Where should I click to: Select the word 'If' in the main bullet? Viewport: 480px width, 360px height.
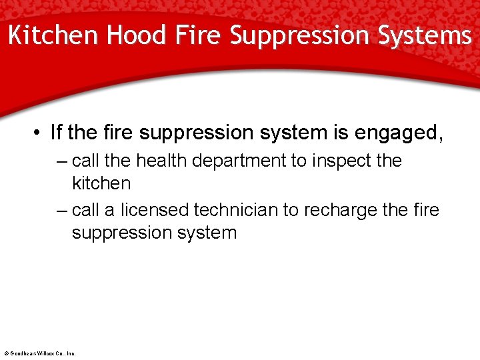pos(57,133)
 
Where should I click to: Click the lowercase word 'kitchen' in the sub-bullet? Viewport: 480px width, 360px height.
pos(101,183)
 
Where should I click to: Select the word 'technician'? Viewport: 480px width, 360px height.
pos(235,210)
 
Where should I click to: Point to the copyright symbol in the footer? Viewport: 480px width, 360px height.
pos(6,353)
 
